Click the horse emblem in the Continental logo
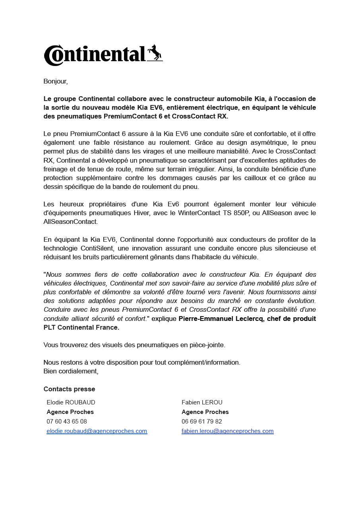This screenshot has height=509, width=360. [155, 53]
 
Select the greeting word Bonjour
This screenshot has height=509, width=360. [55, 82]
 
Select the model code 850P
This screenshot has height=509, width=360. [240, 213]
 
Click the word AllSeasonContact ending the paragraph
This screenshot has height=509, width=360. [70, 221]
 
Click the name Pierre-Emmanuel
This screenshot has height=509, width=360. [202, 319]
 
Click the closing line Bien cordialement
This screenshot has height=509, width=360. [70, 371]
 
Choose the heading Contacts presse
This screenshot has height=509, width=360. [69, 389]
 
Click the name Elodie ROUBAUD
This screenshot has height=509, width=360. [71, 402]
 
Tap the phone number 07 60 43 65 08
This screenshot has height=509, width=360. [67, 422]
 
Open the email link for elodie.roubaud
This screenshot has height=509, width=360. [97, 431]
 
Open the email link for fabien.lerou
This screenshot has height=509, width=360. [227, 431]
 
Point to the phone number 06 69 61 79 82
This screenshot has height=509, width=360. [202, 422]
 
